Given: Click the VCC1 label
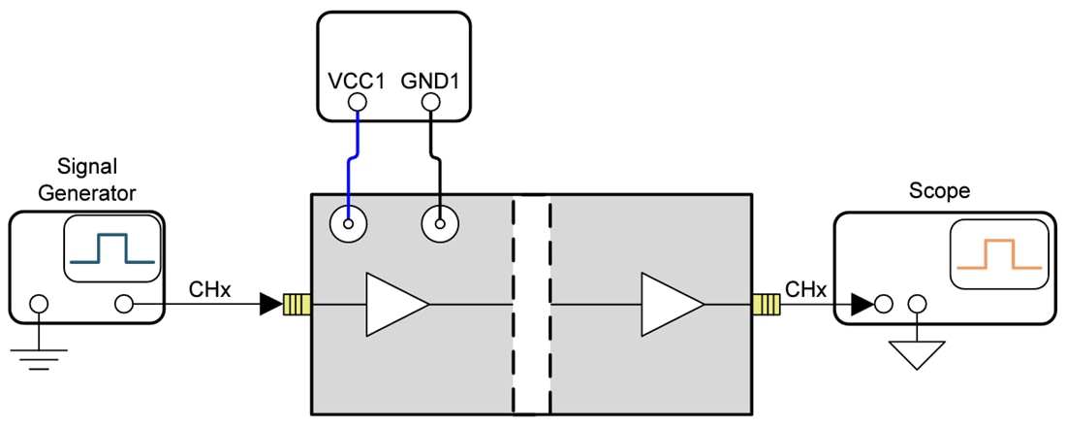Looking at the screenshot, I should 358,80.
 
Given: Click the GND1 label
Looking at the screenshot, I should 433,80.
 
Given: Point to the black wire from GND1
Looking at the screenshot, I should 438,160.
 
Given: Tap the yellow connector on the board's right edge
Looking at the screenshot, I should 766,305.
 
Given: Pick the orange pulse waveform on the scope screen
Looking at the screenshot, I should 998,254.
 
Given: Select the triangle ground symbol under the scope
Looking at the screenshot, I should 914,353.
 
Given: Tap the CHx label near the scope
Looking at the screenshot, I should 805,288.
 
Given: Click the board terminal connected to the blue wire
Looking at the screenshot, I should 347,226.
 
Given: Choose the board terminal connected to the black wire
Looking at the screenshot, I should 439,226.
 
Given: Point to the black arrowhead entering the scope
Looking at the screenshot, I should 862,305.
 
